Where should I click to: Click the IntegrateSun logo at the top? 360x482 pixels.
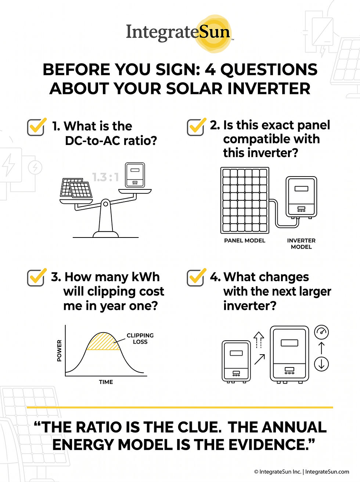click(x=179, y=33)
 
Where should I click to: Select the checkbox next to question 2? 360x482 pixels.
click(x=196, y=127)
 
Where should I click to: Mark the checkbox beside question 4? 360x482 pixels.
click(x=196, y=278)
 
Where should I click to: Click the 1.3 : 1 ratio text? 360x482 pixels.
click(x=106, y=177)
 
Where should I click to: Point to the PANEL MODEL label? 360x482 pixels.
click(x=244, y=241)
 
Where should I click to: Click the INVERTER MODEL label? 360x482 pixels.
click(x=301, y=244)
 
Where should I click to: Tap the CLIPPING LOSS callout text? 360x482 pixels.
click(x=140, y=338)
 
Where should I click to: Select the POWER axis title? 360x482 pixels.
click(x=59, y=351)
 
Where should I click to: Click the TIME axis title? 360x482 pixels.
click(x=106, y=382)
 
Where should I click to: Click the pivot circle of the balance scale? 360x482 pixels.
click(x=105, y=204)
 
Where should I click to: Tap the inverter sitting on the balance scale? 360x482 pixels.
click(x=135, y=175)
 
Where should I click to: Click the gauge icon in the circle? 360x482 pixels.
click(x=321, y=332)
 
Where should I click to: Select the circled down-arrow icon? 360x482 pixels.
click(x=321, y=364)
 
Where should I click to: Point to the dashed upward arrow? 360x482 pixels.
click(x=259, y=340)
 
